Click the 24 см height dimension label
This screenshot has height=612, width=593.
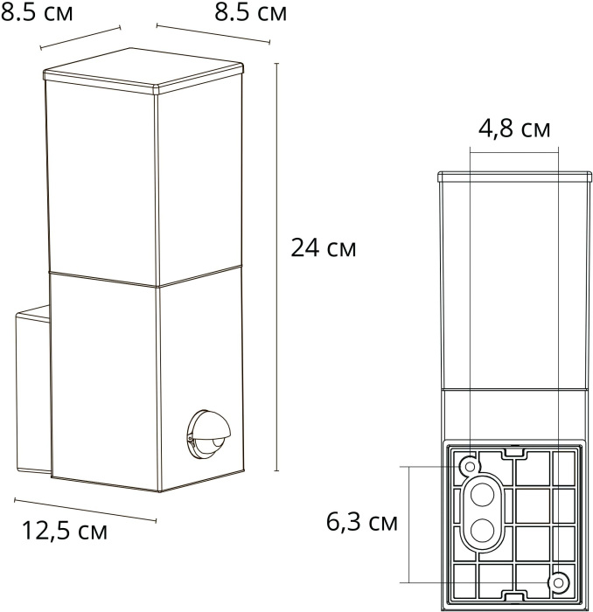[x=323, y=248]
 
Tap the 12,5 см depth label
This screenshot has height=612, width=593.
[x=65, y=530]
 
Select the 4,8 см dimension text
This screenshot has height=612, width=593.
[x=514, y=129]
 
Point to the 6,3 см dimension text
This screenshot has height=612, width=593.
[x=362, y=523]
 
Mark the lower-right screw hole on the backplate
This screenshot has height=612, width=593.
[x=557, y=581]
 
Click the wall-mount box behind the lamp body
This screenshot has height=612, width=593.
[x=33, y=393]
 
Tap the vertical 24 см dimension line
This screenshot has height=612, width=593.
[x=277, y=262]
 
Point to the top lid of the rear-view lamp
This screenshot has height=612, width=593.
[x=513, y=175]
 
